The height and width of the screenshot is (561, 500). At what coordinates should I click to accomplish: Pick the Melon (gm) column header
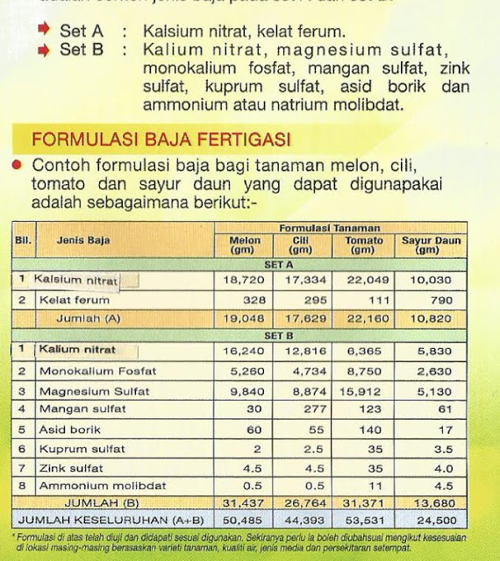point(245,245)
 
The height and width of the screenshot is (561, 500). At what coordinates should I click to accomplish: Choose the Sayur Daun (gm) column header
point(431,245)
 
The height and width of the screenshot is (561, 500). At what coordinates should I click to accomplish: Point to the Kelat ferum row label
point(75,300)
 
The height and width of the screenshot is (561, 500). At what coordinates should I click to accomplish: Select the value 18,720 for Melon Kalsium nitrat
point(245,280)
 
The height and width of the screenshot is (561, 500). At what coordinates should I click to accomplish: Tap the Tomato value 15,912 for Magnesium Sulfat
point(362,391)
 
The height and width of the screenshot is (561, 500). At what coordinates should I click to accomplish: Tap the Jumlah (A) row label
point(88,319)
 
